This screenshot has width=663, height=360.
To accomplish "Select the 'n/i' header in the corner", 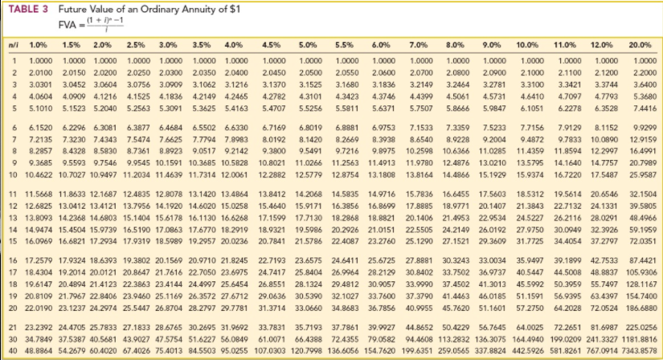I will click(x=11, y=47).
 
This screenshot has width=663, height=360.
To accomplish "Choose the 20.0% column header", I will click(x=640, y=47).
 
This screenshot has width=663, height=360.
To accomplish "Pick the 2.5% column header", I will click(x=136, y=47).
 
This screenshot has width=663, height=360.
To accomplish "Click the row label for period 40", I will click(x=12, y=351).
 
